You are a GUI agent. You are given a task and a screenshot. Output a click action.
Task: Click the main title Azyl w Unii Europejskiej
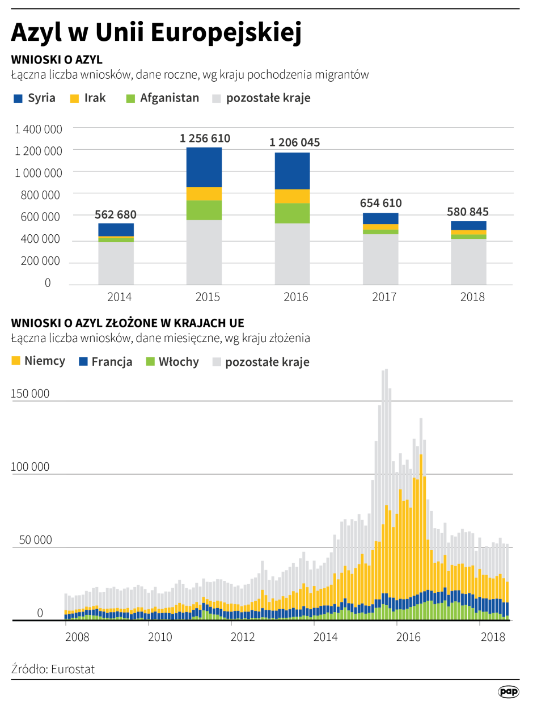click(156, 32)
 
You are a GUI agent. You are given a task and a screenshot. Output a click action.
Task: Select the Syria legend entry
click(35, 98)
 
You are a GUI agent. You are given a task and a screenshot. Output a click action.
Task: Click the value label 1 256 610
click(205, 138)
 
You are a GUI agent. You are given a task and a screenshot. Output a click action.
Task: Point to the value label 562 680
click(116, 214)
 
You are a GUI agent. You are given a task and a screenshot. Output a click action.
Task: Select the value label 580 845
click(468, 212)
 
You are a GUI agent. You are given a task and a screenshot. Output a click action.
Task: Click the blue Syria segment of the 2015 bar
click(204, 167)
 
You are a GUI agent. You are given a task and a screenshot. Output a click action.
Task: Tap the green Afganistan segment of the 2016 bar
click(293, 213)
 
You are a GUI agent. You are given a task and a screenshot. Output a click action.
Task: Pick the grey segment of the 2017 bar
click(380, 259)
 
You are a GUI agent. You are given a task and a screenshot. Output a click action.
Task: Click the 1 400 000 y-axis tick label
click(39, 129)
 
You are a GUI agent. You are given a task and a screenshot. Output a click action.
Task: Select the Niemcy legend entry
click(38, 361)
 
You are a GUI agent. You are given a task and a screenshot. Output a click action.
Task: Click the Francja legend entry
click(105, 361)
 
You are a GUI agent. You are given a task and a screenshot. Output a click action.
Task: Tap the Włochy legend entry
click(172, 361)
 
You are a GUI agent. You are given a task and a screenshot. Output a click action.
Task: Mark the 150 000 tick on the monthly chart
click(31, 394)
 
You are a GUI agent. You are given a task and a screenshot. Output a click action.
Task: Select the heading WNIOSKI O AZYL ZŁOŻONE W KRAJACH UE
click(128, 323)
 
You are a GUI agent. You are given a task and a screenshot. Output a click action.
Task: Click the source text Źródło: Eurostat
click(53, 669)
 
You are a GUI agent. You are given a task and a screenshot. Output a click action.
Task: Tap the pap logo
click(509, 691)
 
